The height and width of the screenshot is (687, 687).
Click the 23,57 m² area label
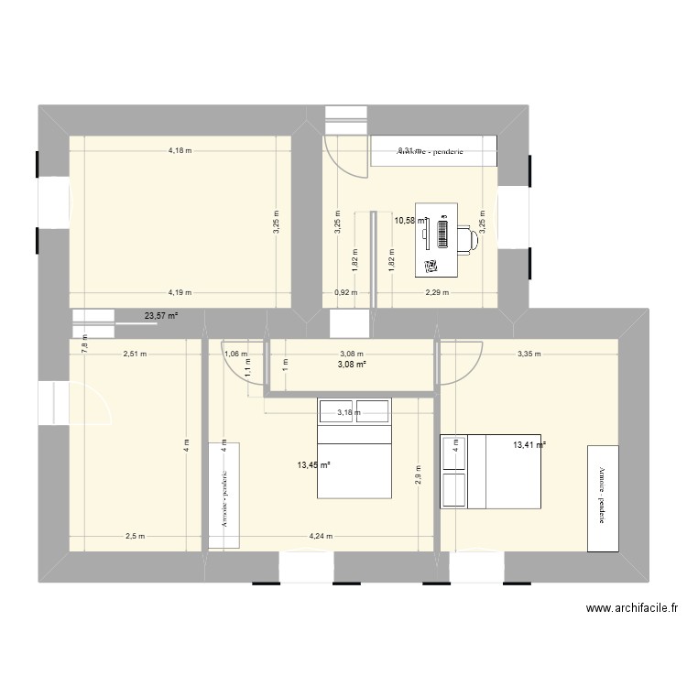(x=160, y=317)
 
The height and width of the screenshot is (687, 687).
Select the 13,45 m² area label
(x=313, y=464)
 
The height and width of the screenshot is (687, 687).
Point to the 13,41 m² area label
(x=529, y=445)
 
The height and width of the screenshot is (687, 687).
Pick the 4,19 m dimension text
(x=180, y=293)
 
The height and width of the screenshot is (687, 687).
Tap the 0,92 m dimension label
(x=346, y=293)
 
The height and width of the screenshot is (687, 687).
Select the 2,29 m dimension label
(x=437, y=293)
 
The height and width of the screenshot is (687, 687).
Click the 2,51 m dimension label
(x=136, y=353)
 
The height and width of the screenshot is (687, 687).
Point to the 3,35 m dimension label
(x=529, y=353)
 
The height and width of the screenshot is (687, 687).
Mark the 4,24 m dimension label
(x=322, y=537)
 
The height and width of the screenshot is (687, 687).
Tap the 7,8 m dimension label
(x=85, y=344)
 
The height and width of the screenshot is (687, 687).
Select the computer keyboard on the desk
(x=442, y=235)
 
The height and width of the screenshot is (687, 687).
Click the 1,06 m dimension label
(x=235, y=353)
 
